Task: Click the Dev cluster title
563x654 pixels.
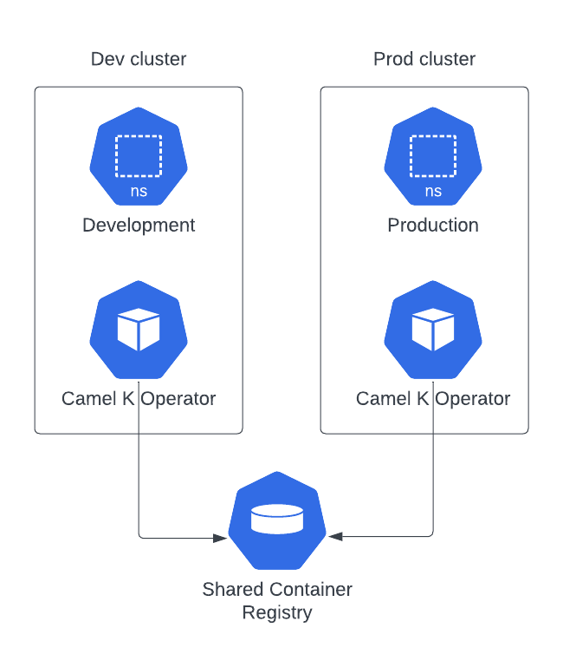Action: click(x=139, y=59)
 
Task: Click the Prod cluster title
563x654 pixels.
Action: click(x=424, y=59)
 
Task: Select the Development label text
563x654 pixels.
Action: click(x=139, y=226)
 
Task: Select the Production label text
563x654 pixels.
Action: click(x=433, y=226)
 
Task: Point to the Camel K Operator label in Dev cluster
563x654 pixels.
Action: click(x=139, y=399)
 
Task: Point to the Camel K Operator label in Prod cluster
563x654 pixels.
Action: click(x=433, y=399)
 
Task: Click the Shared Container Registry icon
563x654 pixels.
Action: click(x=277, y=520)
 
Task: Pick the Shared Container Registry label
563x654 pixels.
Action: click(x=277, y=601)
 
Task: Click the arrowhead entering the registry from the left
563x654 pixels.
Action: click(x=220, y=538)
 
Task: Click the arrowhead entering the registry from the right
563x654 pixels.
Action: click(x=336, y=537)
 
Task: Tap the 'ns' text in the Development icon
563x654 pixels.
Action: click(x=139, y=192)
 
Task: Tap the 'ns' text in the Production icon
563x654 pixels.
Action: click(x=433, y=192)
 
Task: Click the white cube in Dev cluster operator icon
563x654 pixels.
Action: click(x=139, y=330)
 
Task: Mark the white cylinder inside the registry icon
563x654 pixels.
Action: click(x=277, y=519)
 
